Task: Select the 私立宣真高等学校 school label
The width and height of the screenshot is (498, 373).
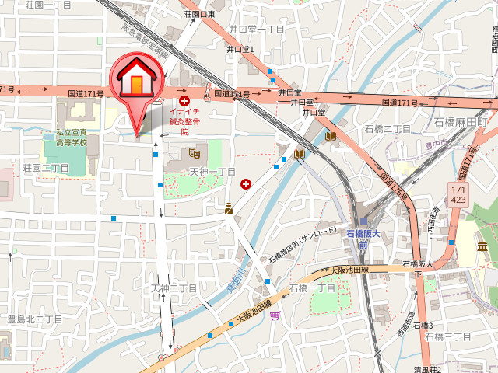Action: [x=76, y=138]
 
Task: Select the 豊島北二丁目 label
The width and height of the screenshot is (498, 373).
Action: [x=34, y=319]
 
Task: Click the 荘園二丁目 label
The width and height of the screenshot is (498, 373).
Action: [x=47, y=168]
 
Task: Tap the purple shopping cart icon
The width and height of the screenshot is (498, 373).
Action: [x=275, y=315]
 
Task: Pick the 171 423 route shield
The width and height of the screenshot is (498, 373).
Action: [x=458, y=194]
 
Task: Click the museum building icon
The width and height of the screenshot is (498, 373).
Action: [x=483, y=246]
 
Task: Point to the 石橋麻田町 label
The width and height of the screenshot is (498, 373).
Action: [x=460, y=122]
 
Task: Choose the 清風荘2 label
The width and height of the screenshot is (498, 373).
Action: [x=427, y=368]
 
